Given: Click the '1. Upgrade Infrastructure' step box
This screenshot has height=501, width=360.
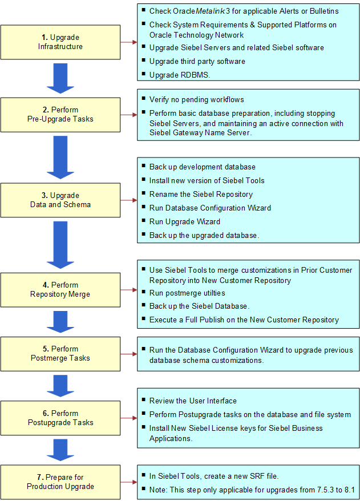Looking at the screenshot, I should click(60, 42).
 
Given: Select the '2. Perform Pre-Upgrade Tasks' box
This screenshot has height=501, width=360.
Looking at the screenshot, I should click(60, 114).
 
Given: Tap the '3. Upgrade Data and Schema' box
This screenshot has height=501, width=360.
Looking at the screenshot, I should click(60, 200).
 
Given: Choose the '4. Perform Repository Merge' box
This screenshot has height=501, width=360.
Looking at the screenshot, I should click(60, 289).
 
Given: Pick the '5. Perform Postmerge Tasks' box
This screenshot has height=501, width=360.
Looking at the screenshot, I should click(60, 353).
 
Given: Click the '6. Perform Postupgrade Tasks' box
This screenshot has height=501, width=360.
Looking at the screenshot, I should click(60, 418).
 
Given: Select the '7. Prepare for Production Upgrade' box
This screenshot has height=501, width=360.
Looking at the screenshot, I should click(60, 482).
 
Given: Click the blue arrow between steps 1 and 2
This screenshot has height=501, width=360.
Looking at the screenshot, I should click(60, 79).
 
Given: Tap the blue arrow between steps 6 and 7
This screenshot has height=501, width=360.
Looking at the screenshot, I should click(60, 450).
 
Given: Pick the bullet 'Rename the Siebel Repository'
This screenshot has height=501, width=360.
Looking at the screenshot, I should click(201, 195).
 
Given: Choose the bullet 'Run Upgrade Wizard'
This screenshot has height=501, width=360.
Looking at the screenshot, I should click(185, 221).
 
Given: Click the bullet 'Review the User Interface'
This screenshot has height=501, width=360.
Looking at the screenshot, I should click(193, 401).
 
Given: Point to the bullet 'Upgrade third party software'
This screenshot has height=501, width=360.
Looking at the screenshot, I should click(197, 61).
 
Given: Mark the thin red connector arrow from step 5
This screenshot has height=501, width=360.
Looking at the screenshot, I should click(129, 354).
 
